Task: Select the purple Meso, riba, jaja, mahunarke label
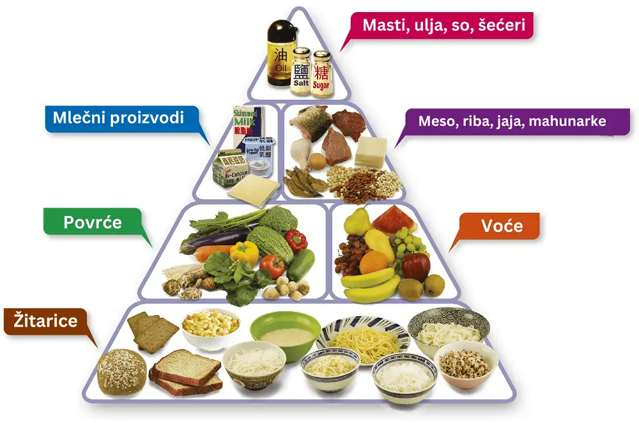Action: pos(512,120)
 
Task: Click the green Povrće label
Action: pos(93,222)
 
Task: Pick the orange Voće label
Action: pos(502,226)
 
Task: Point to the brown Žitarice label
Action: pos(42,319)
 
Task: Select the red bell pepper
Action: pos(296,241)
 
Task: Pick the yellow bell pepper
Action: pos(243,252)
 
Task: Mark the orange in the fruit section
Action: pos(374,262)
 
